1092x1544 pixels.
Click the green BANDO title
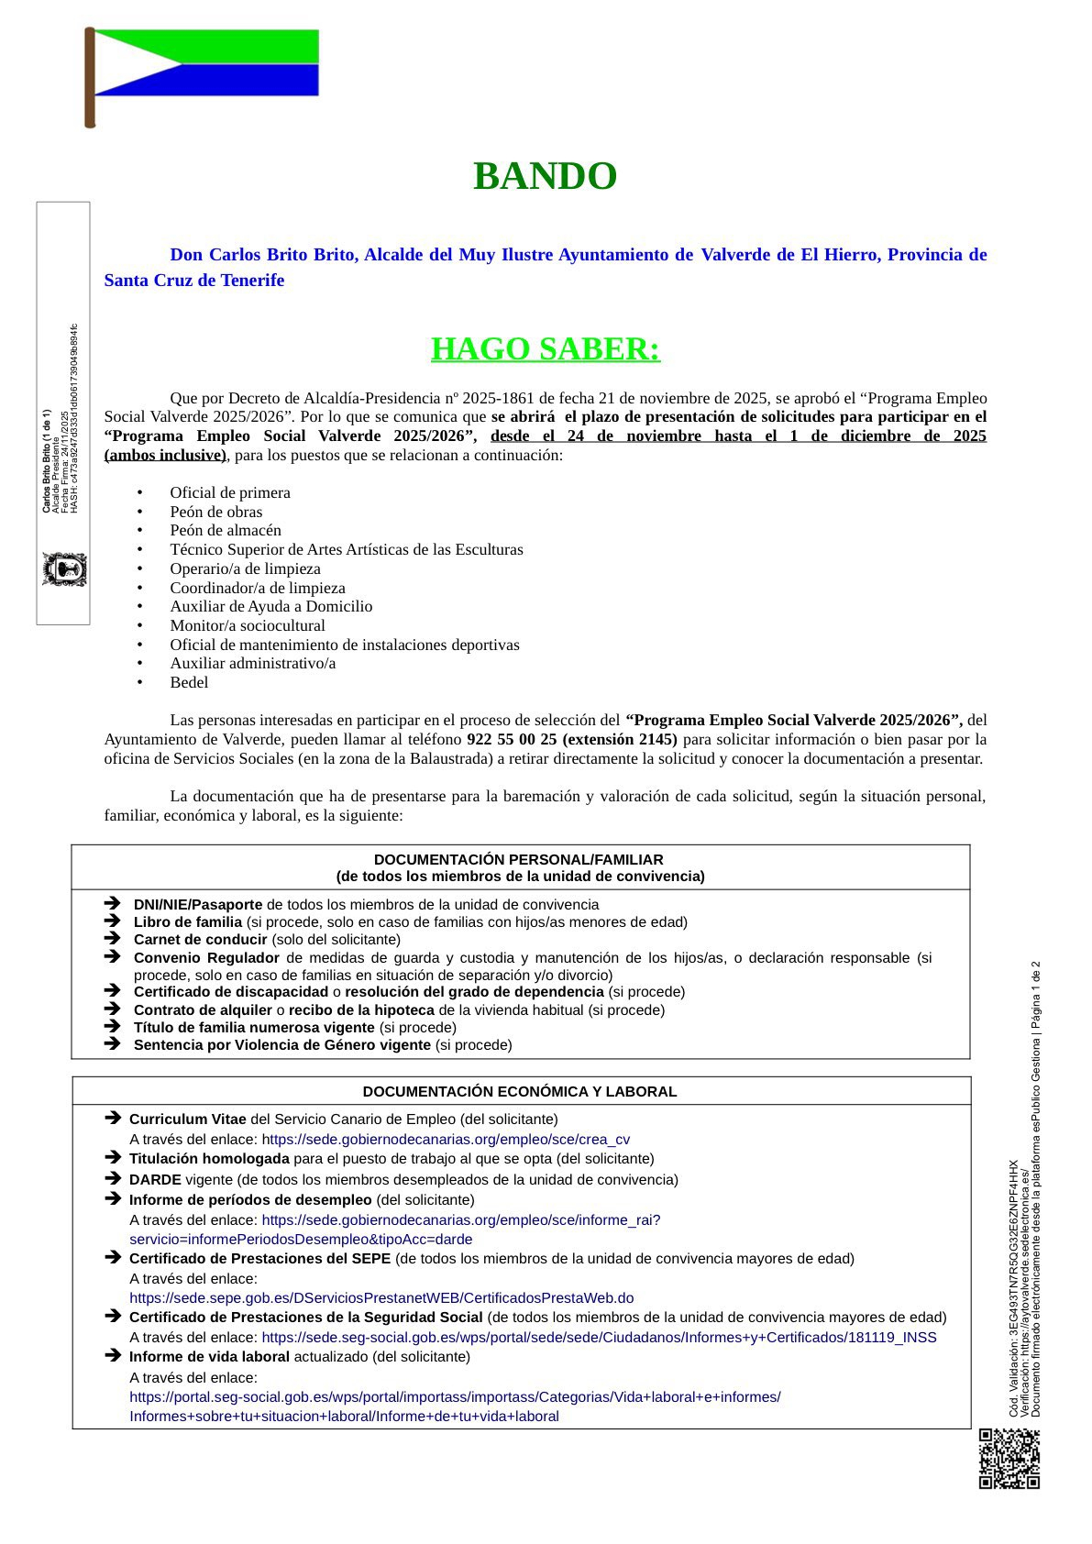545,177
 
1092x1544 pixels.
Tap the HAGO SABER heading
546,349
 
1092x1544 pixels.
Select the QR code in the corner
1009,1458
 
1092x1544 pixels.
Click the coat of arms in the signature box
64,569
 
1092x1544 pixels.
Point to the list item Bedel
189,682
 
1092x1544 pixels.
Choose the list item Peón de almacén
226,530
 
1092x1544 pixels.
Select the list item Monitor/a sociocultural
248,625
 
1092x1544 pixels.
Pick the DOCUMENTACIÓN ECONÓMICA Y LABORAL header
520,1091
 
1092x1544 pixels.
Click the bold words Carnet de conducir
200,940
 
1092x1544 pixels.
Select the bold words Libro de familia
188,922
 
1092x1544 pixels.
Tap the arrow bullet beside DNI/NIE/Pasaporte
112,904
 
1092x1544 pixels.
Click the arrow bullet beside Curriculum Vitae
113,1118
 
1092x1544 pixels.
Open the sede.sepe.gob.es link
381,1298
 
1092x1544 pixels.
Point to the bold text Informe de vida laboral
209,1357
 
